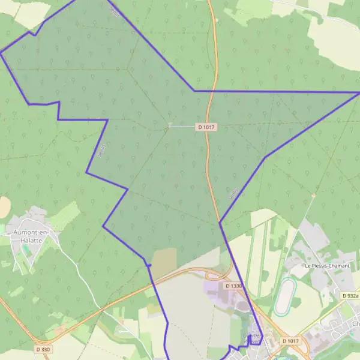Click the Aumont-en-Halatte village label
[x=29, y=236]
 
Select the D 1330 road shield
[x=234, y=286]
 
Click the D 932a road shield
[x=350, y=296]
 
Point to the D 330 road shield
[x=43, y=349]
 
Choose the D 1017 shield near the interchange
[x=291, y=341]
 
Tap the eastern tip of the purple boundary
[x=359, y=92]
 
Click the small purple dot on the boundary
[x=149, y=265]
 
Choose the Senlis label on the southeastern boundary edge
[x=233, y=193]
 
